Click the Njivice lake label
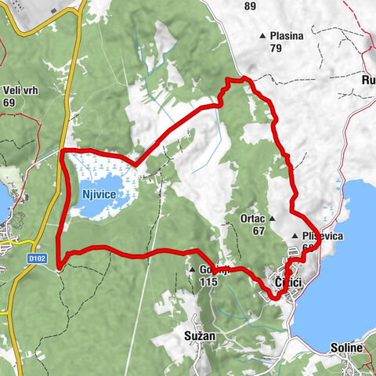(x=99, y=193)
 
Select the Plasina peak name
(x=286, y=36)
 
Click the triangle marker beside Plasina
(x=263, y=36)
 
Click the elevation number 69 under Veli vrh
(x=9, y=102)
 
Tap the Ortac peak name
(x=253, y=219)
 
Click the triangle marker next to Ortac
(x=273, y=219)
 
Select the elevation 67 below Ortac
(x=259, y=231)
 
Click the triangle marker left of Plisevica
(x=295, y=236)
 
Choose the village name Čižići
(x=287, y=281)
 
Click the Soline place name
(x=346, y=347)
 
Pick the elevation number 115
(x=208, y=282)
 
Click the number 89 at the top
(x=250, y=6)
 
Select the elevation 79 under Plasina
(x=275, y=49)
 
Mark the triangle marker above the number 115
(x=191, y=270)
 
